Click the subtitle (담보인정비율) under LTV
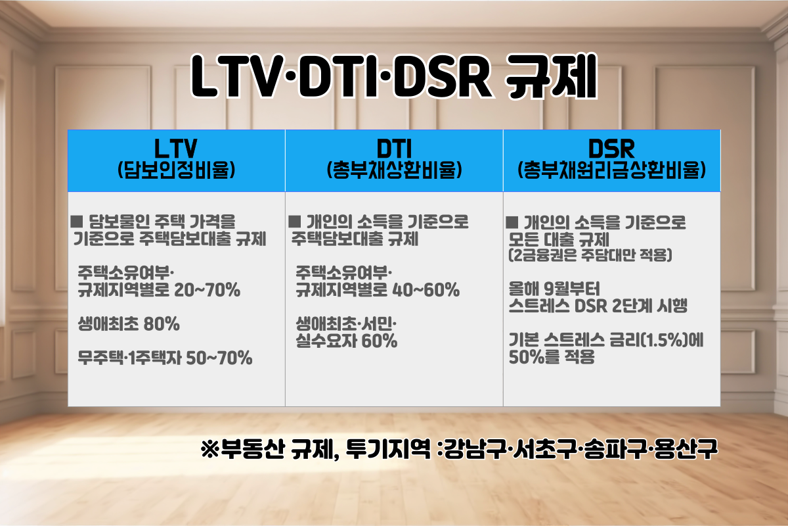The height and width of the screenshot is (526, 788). pos(176,170)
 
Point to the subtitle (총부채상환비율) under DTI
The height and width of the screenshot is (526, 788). pos(394,170)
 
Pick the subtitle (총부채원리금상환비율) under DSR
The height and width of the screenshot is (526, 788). pos(611,170)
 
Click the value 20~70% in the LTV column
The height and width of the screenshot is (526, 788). pos(208,290)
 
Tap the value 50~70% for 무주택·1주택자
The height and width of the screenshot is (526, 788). pos(219,358)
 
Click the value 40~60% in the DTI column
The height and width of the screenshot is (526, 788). pos(426,290)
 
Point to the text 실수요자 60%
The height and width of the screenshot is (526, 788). pos(346,342)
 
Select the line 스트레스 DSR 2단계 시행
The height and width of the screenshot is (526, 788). pos(598,306)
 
